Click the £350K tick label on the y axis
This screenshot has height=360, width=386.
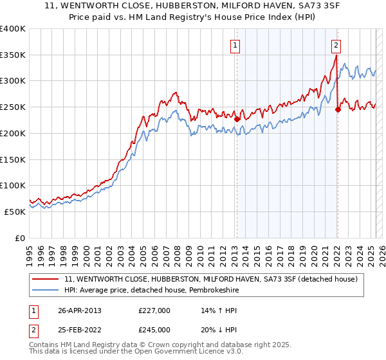click(x=13, y=55)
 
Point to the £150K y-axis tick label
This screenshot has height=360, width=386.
click(x=13, y=159)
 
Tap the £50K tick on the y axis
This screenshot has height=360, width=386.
click(x=15, y=211)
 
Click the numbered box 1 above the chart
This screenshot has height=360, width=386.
click(x=236, y=45)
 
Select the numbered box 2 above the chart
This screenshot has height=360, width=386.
click(x=336, y=45)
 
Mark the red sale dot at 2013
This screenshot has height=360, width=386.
click(x=237, y=119)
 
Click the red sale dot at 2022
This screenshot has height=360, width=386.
click(x=338, y=110)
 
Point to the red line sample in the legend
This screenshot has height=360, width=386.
click(x=46, y=279)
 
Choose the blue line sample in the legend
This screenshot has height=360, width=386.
click(x=46, y=290)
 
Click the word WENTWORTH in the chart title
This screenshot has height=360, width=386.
click(x=111, y=6)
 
